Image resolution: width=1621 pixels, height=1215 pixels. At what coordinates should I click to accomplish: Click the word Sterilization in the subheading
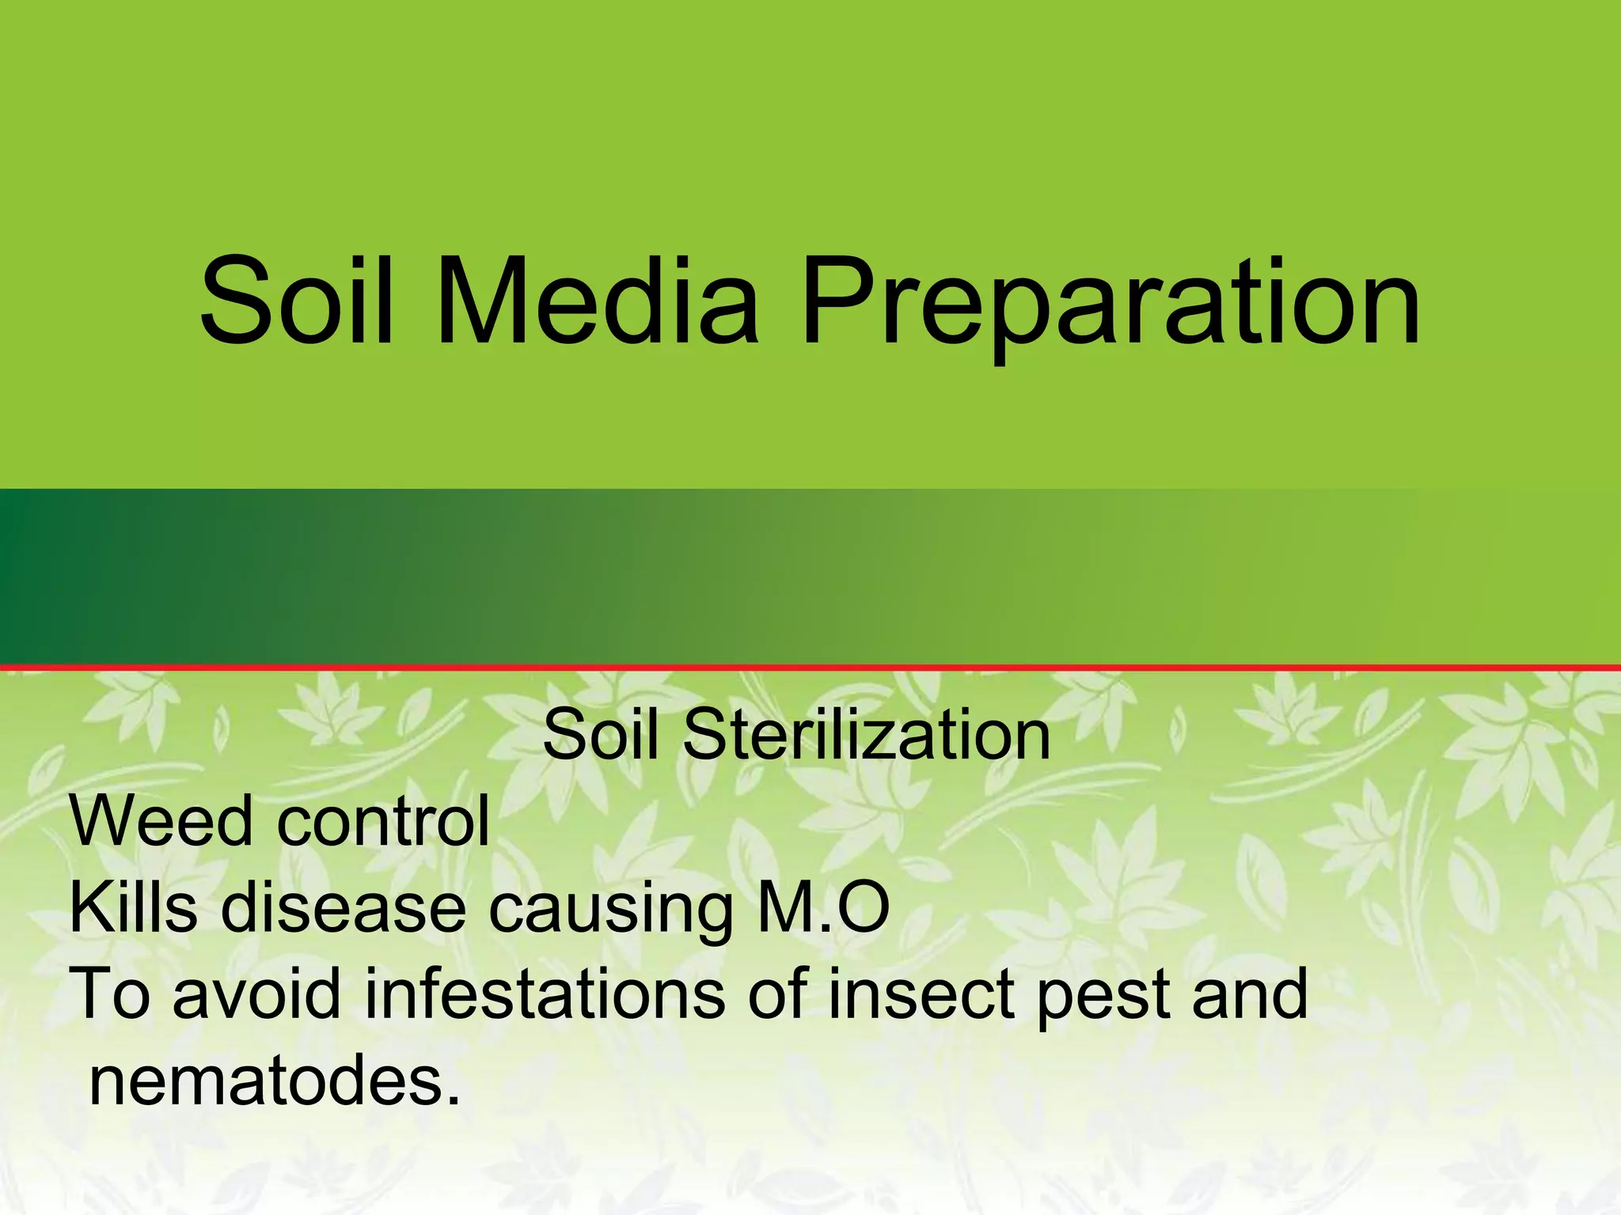click(866, 736)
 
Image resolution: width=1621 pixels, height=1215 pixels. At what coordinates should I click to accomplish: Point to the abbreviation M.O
click(824, 908)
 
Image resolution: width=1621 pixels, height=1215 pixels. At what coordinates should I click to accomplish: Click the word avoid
click(256, 994)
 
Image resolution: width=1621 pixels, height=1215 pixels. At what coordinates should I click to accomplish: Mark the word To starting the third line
click(110, 994)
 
